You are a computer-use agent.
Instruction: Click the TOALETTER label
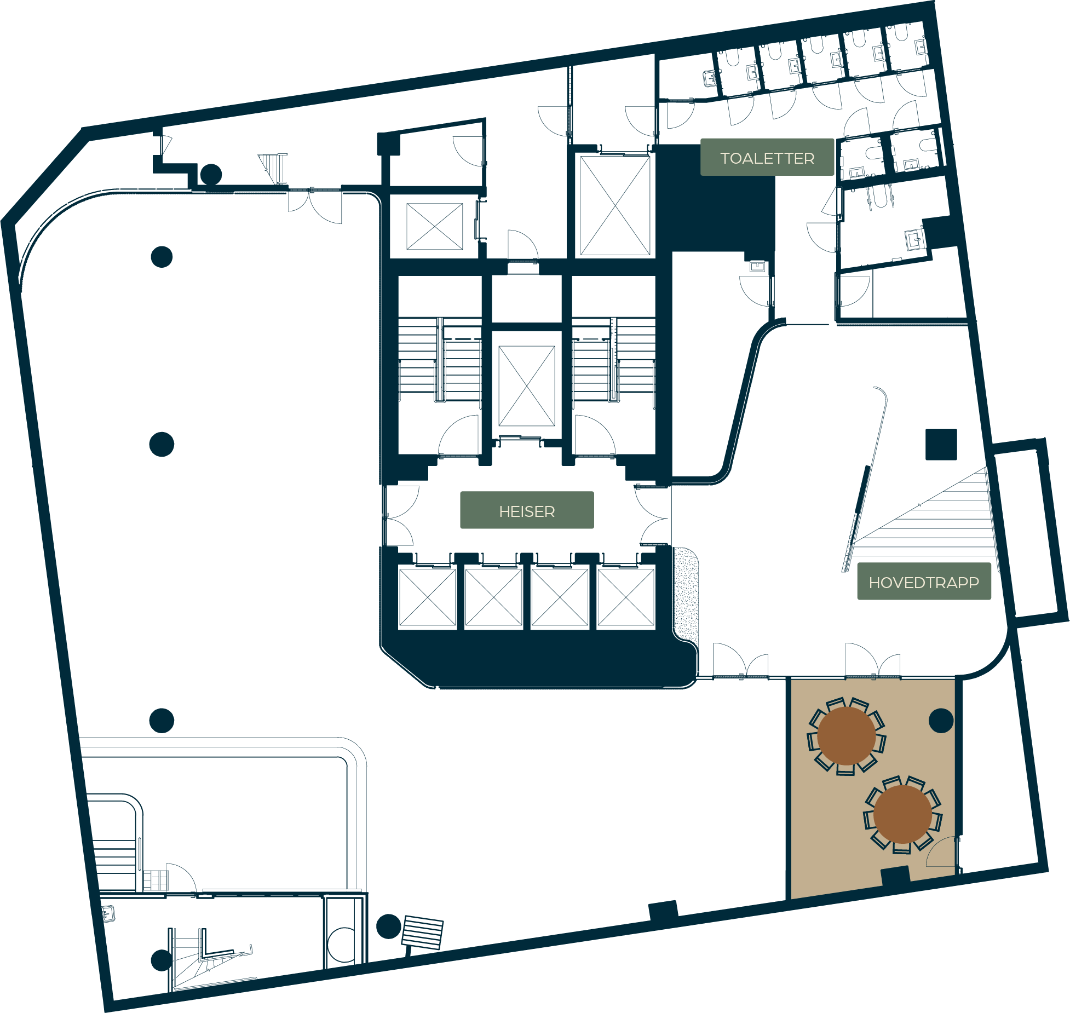(767, 158)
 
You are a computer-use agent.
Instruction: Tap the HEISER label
(527, 511)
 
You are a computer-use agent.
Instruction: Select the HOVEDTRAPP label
(924, 582)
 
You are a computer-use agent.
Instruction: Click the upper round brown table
(846, 735)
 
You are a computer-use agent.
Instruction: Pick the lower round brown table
(902, 814)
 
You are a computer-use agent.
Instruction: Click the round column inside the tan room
(941, 721)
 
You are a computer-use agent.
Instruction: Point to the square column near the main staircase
(941, 444)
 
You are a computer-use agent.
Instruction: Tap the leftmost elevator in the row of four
(427, 597)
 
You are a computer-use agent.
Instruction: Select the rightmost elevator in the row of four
(626, 597)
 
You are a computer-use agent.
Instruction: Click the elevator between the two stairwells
(526, 385)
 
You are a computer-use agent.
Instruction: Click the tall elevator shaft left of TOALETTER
(615, 205)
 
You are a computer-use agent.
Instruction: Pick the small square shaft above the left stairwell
(435, 226)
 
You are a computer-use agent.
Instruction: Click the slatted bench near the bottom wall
(422, 933)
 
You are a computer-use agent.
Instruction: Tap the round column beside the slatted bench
(388, 926)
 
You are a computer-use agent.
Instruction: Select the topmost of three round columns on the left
(162, 257)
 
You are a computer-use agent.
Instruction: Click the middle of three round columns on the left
(162, 444)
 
